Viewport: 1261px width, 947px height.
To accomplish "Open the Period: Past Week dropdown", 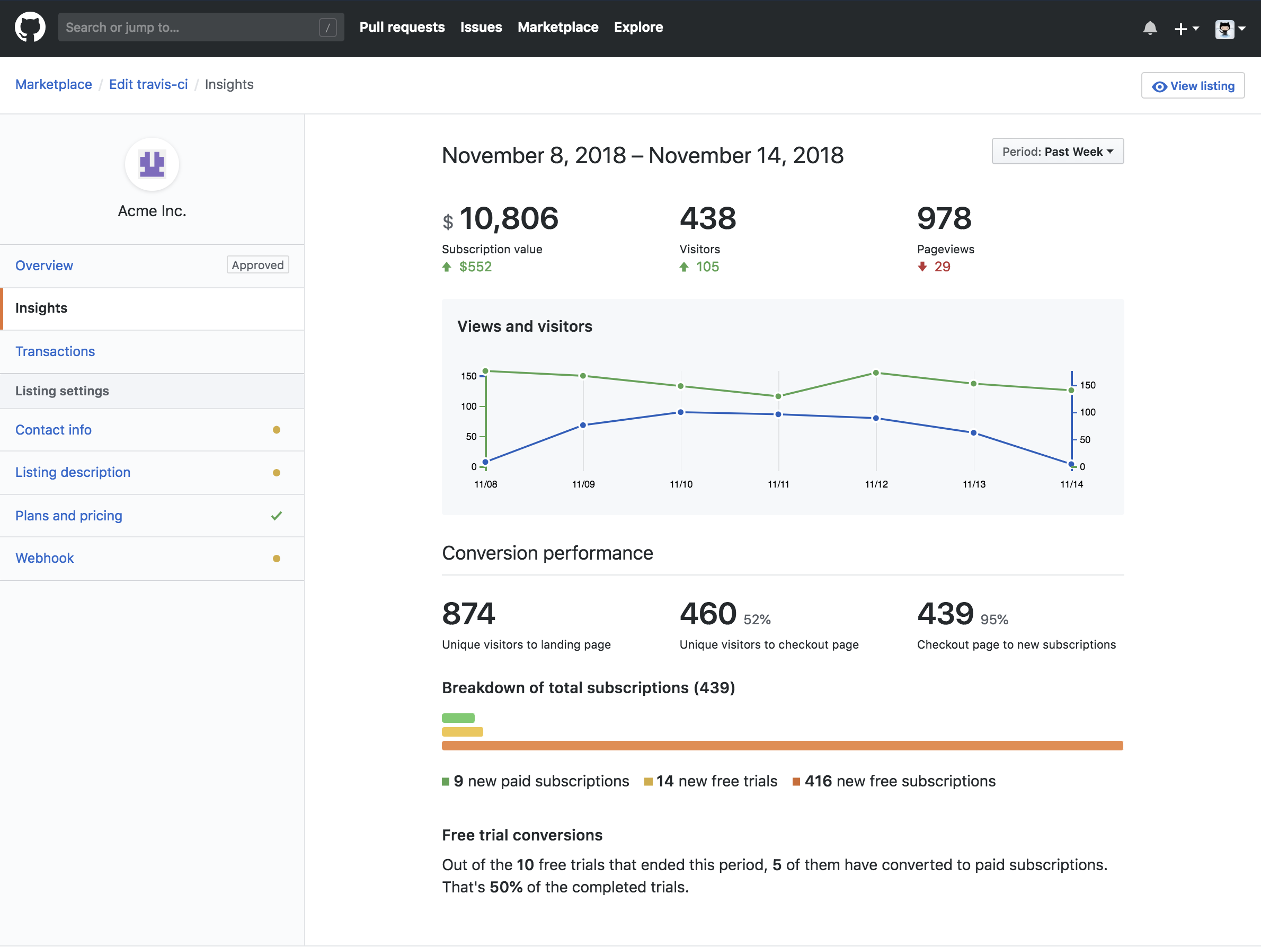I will (1057, 152).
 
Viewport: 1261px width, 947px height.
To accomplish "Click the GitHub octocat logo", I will (30, 28).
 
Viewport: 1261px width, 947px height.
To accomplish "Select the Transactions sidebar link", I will (55, 351).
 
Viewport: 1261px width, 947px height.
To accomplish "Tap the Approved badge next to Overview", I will (257, 265).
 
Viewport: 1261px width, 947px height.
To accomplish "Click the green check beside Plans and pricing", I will (277, 516).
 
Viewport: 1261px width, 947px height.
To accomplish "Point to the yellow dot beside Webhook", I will (277, 559).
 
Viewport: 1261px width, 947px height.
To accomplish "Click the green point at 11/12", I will (876, 374).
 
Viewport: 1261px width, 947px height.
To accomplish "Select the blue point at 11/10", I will (681, 412).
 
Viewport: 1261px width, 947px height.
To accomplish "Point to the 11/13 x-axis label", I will (974, 484).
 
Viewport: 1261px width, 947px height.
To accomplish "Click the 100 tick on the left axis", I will (468, 406).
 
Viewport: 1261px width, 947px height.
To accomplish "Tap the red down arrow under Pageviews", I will (922, 267).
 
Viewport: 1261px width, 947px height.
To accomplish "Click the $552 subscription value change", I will (475, 267).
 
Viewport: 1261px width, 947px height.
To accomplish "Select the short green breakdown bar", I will (458, 718).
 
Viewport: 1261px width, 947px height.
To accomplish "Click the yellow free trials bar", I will (462, 731).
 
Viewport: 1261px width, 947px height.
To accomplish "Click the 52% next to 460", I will (757, 619).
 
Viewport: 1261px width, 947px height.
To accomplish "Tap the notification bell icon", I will (1149, 28).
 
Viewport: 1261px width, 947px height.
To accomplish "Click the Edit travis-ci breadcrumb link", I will (148, 84).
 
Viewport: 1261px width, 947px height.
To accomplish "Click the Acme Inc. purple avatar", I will (152, 165).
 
